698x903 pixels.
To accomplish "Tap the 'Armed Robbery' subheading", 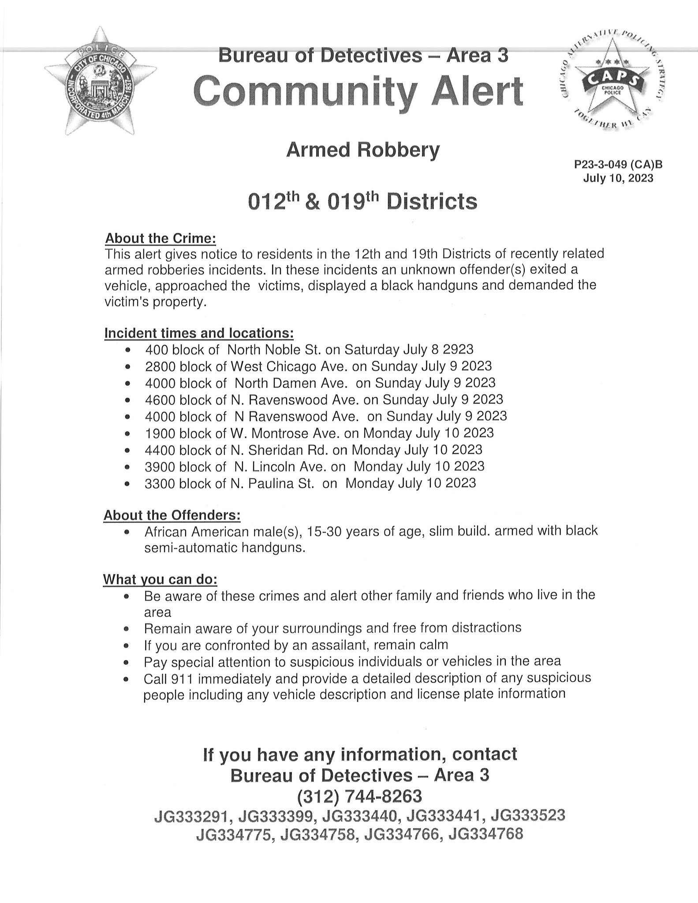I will [x=362, y=150].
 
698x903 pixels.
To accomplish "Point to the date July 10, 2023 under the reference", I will [x=618, y=179].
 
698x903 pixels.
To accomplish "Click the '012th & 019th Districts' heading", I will [x=362, y=202].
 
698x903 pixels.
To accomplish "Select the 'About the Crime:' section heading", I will [x=161, y=239].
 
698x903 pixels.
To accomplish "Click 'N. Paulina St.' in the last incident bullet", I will [x=272, y=483].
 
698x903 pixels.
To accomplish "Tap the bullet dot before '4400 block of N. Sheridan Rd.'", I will [x=128, y=451].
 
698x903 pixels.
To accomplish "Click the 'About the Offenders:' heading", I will [x=172, y=515].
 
